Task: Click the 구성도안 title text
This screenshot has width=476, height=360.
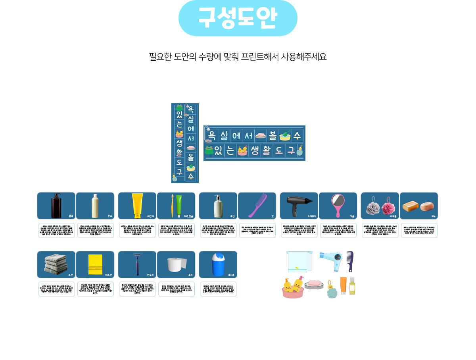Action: pyautogui.click(x=238, y=18)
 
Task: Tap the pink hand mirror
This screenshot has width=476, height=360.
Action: pyautogui.click(x=338, y=205)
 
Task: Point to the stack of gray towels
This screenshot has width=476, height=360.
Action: pyautogui.click(x=56, y=264)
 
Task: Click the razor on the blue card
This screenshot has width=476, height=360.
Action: pyautogui.click(x=137, y=264)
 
